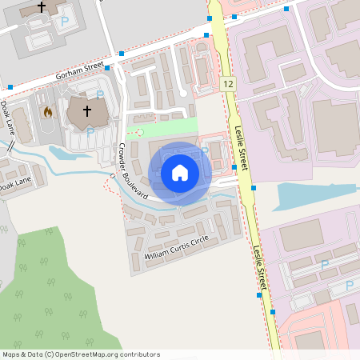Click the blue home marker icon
coord(180,173)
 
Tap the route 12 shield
coord(229,84)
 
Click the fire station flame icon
coord(47,112)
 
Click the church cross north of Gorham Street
coord(42,7)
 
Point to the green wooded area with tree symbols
coord(48,288)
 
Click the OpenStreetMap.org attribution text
coord(80,354)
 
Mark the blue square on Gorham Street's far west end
coord(10,86)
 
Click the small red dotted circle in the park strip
coord(140,131)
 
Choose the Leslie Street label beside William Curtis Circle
coord(260,269)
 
